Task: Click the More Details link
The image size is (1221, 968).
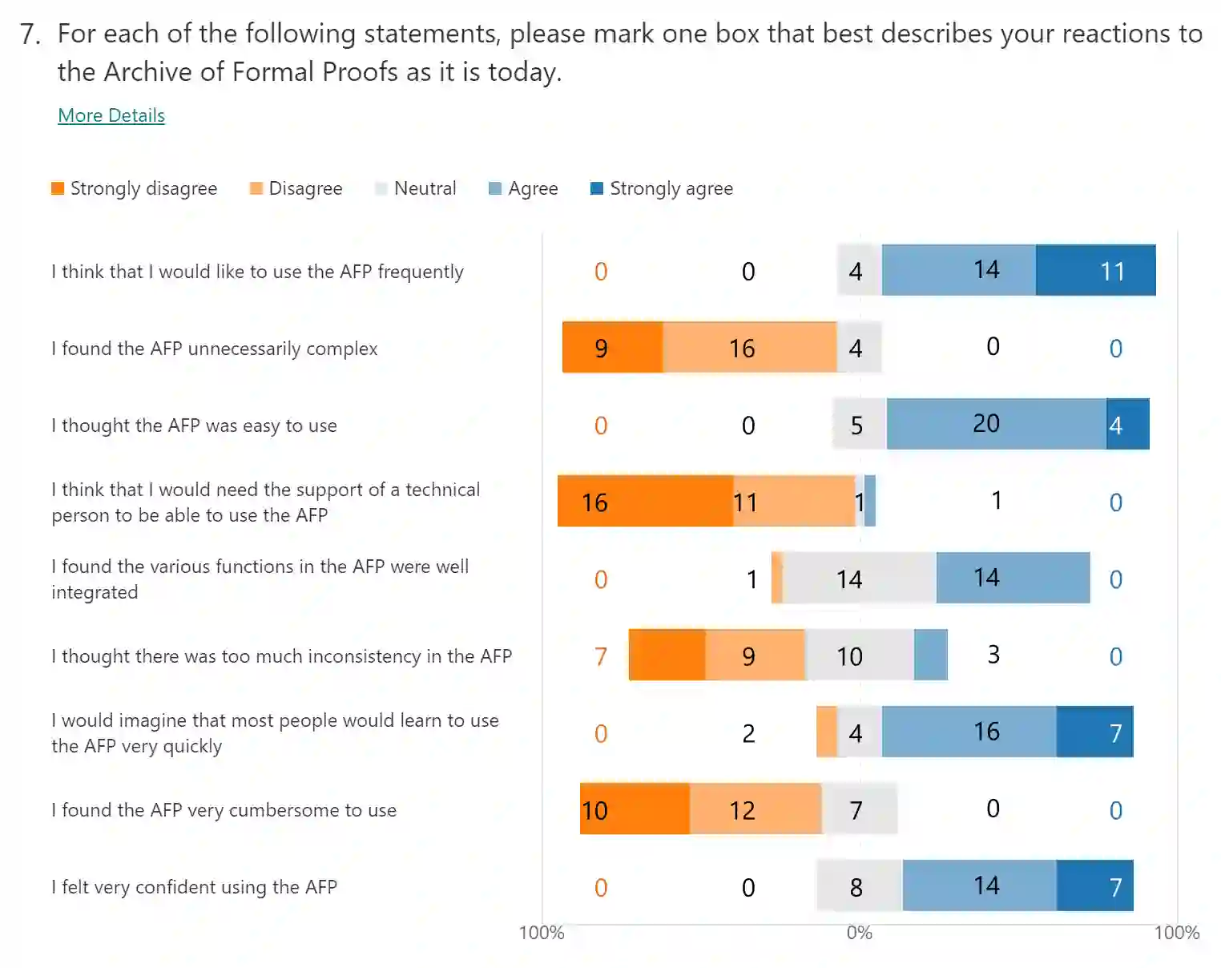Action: [x=111, y=115]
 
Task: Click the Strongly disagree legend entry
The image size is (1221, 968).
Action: [x=135, y=188]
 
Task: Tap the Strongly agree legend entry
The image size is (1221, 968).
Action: [x=662, y=188]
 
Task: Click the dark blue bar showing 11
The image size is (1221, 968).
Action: [x=1095, y=270]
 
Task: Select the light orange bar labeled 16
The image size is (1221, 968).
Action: [x=749, y=347]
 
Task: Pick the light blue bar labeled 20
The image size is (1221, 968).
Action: [x=996, y=424]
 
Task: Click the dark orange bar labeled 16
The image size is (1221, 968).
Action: [x=645, y=501]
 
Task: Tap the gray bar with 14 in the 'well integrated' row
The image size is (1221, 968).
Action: [x=859, y=578]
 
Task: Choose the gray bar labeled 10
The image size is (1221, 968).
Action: [x=859, y=655]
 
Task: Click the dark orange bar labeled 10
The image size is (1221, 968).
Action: [x=635, y=809]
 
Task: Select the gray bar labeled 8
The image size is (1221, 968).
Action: [x=859, y=885]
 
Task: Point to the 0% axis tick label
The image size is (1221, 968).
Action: [x=859, y=933]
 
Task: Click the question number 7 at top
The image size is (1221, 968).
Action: [x=30, y=34]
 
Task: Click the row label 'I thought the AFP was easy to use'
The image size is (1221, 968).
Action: [x=194, y=426]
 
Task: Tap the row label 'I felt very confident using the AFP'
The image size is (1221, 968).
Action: [x=194, y=887]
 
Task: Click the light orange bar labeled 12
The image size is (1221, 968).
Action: [x=755, y=809]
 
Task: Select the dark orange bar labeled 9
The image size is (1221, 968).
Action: [x=612, y=347]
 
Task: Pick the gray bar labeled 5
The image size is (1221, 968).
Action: [x=859, y=424]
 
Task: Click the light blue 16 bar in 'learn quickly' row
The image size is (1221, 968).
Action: [x=969, y=732]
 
